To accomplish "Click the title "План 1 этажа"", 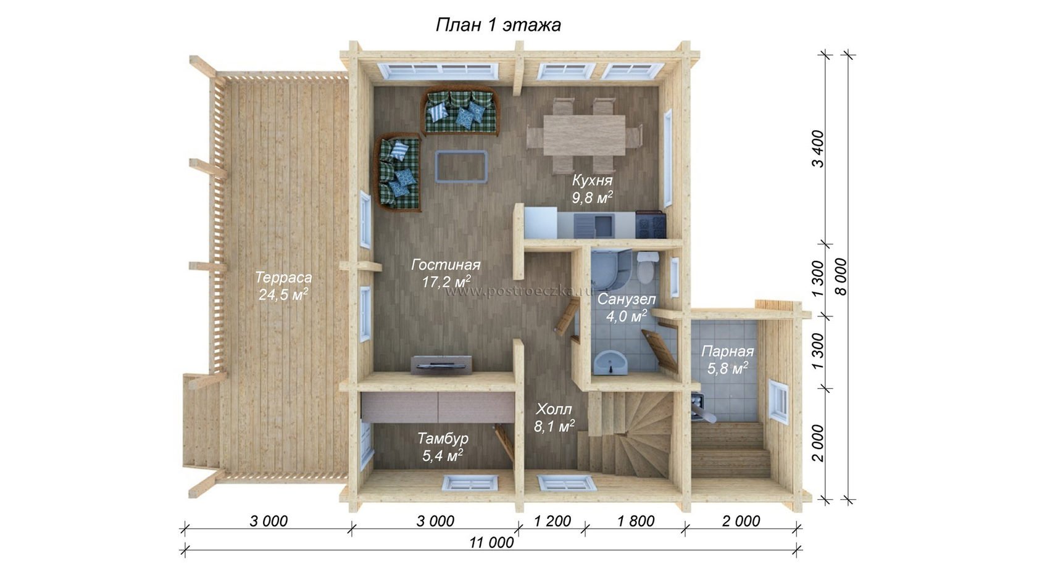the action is [498, 25].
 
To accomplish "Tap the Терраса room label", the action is [283, 278].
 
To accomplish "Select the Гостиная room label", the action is [446, 265].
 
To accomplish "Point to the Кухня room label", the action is [592, 180].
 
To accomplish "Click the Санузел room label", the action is [627, 299].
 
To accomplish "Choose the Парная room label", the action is [727, 351].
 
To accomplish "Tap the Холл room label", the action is [554, 409].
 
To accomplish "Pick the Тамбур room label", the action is [443, 438].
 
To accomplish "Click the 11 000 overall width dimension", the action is [491, 542].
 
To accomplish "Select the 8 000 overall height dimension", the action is [841, 276].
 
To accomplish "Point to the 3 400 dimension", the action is [818, 149].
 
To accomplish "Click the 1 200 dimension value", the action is [552, 521].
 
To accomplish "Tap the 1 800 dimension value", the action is [636, 521].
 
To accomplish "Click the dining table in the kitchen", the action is [584, 135].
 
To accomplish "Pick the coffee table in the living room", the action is [461, 167].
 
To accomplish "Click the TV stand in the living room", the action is [441, 364].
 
